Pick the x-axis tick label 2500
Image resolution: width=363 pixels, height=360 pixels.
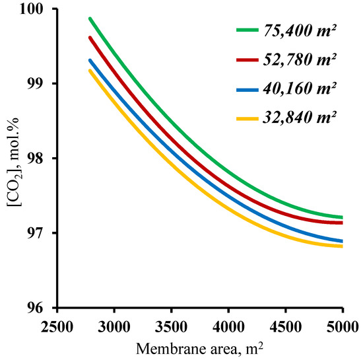coord(57,326)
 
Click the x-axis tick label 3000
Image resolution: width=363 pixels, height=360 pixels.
coord(114,326)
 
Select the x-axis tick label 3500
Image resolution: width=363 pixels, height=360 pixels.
coord(172,326)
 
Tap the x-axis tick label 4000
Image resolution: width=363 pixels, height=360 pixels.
coord(228,326)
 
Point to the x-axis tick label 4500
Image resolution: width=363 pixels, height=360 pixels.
coord(285,326)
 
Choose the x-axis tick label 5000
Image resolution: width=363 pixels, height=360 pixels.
coord(341,326)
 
